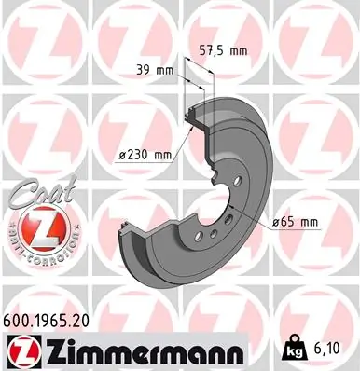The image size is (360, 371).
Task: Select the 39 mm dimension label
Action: pos(150,70)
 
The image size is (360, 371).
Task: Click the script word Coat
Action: pos(32,193)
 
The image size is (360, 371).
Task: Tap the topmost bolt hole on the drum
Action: pos(237,183)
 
